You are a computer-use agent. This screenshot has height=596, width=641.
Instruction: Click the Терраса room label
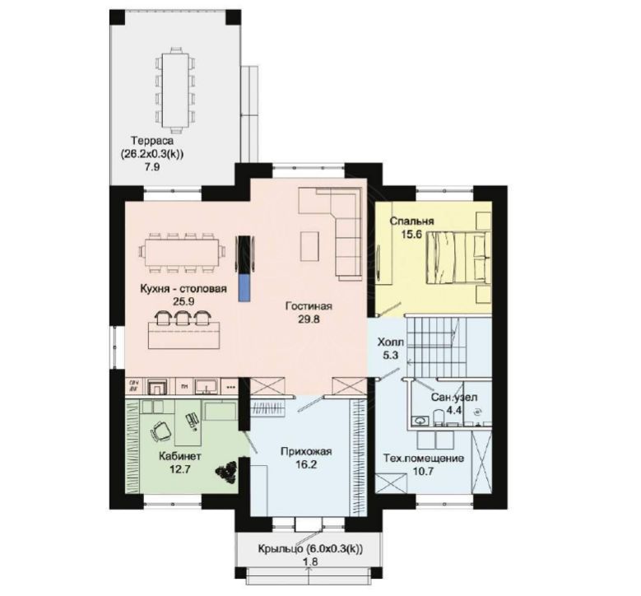(152, 141)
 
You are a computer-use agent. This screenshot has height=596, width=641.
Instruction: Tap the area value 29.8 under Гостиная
(309, 319)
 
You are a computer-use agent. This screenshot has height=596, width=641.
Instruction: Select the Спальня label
(411, 221)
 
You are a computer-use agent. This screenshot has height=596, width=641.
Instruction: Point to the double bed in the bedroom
(458, 257)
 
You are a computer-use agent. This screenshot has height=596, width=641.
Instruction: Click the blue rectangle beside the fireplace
(244, 287)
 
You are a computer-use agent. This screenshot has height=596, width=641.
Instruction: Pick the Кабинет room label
(180, 456)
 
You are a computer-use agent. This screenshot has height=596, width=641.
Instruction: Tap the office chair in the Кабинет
(160, 431)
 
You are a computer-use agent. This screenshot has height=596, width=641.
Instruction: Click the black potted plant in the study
(226, 473)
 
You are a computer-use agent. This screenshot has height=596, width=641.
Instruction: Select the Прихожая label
(306, 452)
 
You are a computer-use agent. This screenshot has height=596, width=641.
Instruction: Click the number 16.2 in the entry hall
(306, 464)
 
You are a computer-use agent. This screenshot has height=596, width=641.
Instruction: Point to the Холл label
(390, 342)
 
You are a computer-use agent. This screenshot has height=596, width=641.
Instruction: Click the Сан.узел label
(454, 398)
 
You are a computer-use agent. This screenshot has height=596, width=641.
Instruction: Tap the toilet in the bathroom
(439, 418)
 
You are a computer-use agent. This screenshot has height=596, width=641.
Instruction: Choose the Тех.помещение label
(424, 458)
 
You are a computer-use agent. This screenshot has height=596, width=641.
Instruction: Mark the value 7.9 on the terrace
(151, 167)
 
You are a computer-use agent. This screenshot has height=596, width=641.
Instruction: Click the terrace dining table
(175, 90)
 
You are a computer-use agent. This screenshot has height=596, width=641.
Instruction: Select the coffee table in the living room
(309, 246)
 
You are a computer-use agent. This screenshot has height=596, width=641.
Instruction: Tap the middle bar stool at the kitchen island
(182, 318)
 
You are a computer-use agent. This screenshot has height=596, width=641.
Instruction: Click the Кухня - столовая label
(183, 289)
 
